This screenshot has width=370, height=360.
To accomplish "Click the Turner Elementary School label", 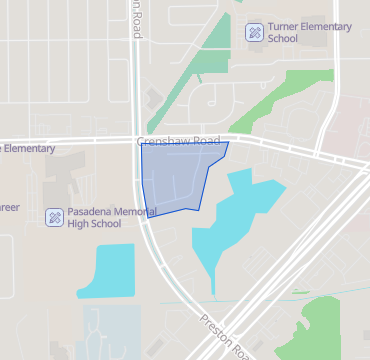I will point(311,32).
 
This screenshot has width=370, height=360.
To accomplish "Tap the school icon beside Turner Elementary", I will point(255,32).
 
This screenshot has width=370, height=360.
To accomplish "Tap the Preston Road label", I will point(226,337).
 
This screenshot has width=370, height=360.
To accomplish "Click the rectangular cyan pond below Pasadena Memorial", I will point(105,270).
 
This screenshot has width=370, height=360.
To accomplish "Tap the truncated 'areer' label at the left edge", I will point(10,207).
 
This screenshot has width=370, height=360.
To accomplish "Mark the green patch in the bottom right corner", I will point(335,325).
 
